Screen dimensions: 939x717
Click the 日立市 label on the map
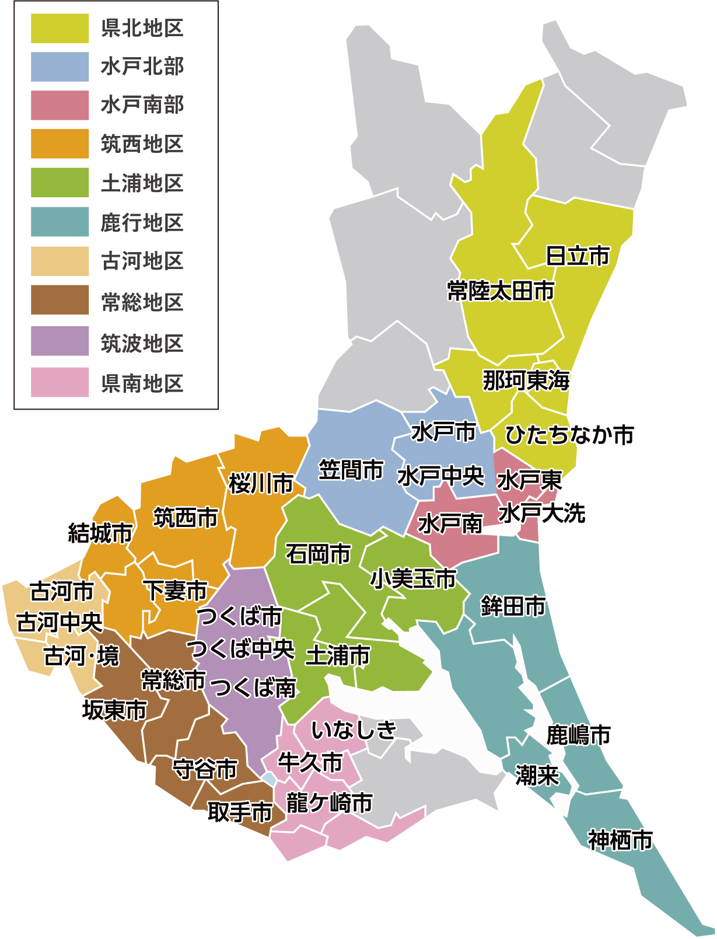point(578,256)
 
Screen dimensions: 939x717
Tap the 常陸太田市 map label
point(501,291)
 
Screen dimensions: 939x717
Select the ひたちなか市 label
point(569,435)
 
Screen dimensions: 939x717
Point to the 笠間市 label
point(351,470)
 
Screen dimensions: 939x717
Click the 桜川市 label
point(261,483)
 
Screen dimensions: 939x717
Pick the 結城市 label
point(100,533)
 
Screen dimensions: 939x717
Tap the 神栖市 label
point(620,840)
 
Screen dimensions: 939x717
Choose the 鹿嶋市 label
point(578,735)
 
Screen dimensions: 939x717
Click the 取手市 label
point(240,812)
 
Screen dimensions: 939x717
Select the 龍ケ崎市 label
point(330,803)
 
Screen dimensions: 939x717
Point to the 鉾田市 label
point(513,606)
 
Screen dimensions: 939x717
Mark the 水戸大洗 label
point(542,514)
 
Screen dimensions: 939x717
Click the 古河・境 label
point(82,656)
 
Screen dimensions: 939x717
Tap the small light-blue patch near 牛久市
point(269,779)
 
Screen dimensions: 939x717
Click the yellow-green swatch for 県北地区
point(60,29)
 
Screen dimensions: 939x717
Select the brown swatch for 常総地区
point(60,300)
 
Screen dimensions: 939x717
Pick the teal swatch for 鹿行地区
point(60,222)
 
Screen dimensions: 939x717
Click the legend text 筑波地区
point(142,343)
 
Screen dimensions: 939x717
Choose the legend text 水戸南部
point(142,106)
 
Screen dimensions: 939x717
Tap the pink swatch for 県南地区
point(60,382)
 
